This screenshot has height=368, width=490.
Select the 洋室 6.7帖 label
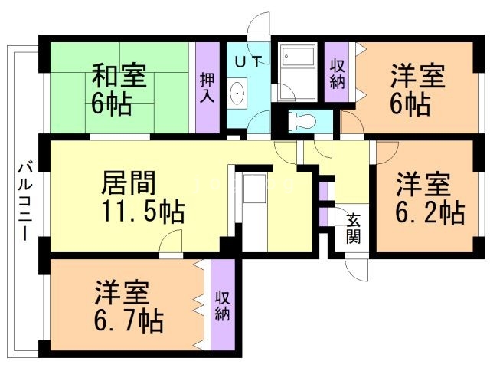click(128, 307)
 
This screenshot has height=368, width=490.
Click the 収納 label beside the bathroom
click(337, 74)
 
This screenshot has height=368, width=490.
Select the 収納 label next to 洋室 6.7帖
click(223, 305)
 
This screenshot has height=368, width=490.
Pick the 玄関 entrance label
click(354, 228)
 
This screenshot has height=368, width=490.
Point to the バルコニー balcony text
click(24, 199)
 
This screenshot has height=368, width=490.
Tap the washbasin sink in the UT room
click(239, 95)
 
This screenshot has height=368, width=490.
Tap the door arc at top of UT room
click(262, 25)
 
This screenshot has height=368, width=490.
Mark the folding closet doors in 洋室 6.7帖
click(200, 305)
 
